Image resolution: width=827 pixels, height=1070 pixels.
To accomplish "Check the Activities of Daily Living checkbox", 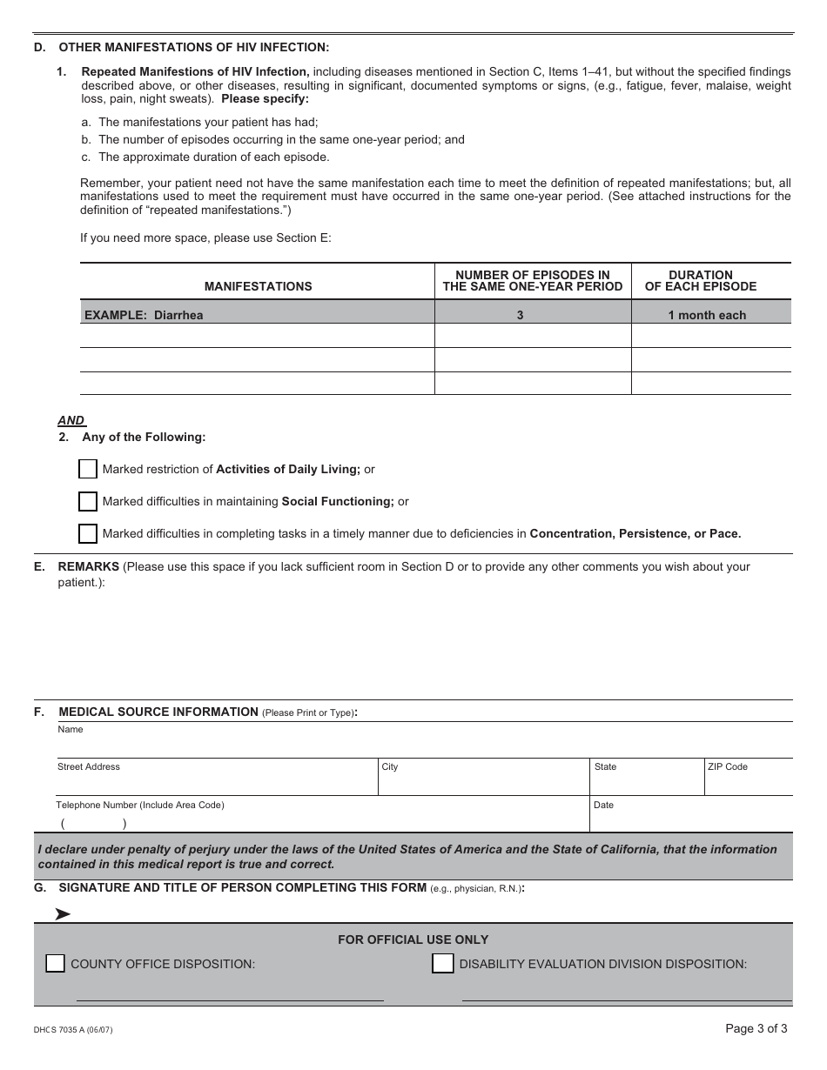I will (x=88, y=469).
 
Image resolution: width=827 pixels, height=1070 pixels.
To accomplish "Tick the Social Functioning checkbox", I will (x=88, y=501).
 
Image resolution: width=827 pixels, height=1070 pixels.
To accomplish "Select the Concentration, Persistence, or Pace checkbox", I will (x=88, y=533).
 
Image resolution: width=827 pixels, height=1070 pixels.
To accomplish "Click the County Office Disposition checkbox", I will (x=55, y=963).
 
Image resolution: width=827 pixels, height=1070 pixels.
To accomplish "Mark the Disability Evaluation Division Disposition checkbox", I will (x=443, y=963).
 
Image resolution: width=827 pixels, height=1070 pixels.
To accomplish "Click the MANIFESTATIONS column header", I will (x=258, y=286).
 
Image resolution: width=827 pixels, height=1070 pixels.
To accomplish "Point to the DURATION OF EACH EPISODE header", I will (x=700, y=281).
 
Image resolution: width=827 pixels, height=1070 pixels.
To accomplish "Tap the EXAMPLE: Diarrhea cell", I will (x=144, y=315).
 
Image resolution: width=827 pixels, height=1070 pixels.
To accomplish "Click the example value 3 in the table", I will (x=520, y=315).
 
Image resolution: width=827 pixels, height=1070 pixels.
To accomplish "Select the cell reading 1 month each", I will (x=707, y=315).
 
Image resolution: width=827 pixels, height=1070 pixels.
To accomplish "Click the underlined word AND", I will (x=71, y=420).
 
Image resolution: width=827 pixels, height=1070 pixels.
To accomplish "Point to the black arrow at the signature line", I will (x=63, y=913).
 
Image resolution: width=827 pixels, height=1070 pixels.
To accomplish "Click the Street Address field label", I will (x=89, y=766).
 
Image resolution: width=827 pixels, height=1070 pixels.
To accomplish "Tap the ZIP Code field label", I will (x=727, y=766).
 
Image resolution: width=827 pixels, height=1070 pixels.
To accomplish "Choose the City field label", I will (x=390, y=766).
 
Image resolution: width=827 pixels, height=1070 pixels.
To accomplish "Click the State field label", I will (x=605, y=766).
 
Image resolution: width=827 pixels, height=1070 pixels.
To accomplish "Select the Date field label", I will (x=603, y=805).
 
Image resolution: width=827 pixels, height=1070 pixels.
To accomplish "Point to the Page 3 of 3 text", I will (x=756, y=1028).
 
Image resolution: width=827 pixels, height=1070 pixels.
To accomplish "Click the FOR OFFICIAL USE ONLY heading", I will (x=413, y=940).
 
